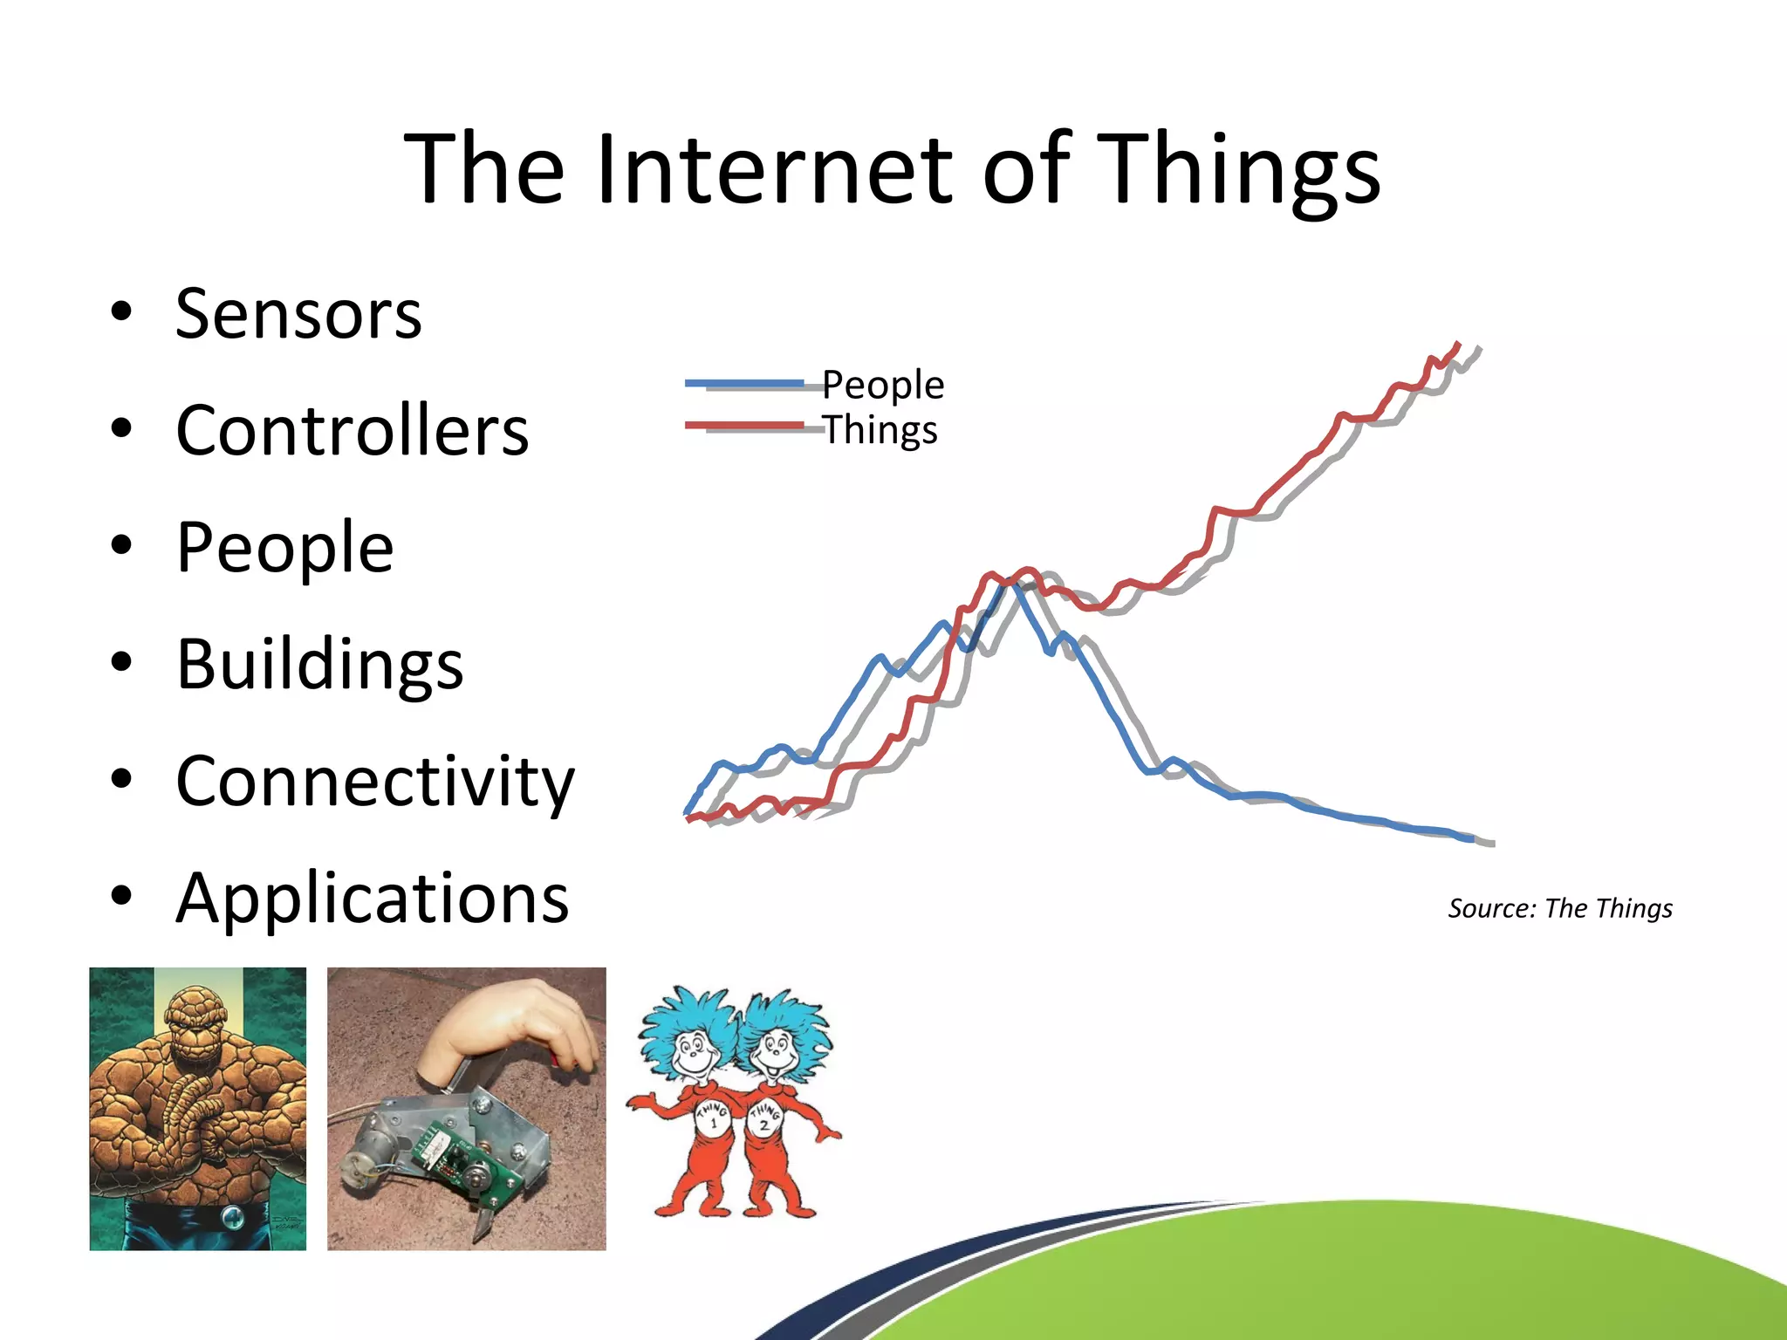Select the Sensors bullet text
[x=298, y=313]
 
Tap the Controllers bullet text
[x=353, y=430]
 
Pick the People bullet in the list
[x=284, y=547]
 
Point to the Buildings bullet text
[x=319, y=664]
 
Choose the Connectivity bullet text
[x=375, y=781]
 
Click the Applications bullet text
[x=372, y=898]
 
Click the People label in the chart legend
[x=883, y=385]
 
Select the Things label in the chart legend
[x=880, y=429]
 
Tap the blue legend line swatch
[x=743, y=383]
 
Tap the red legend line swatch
[x=743, y=426]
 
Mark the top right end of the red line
[x=1458, y=345]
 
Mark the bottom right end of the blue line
[x=1473, y=839]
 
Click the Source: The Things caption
[x=1560, y=908]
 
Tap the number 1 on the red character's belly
[x=713, y=1124]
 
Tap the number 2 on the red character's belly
[x=764, y=1125]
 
